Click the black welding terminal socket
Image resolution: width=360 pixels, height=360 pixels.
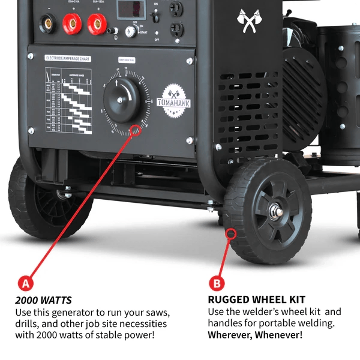(44, 22)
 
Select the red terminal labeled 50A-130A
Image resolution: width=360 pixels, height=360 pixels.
(94, 22)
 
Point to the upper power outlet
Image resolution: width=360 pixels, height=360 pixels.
(176, 8)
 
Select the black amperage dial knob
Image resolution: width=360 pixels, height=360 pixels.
(122, 103)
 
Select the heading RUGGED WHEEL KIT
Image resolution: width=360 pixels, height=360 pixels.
(256, 299)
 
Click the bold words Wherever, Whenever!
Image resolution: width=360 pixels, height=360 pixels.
(255, 334)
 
